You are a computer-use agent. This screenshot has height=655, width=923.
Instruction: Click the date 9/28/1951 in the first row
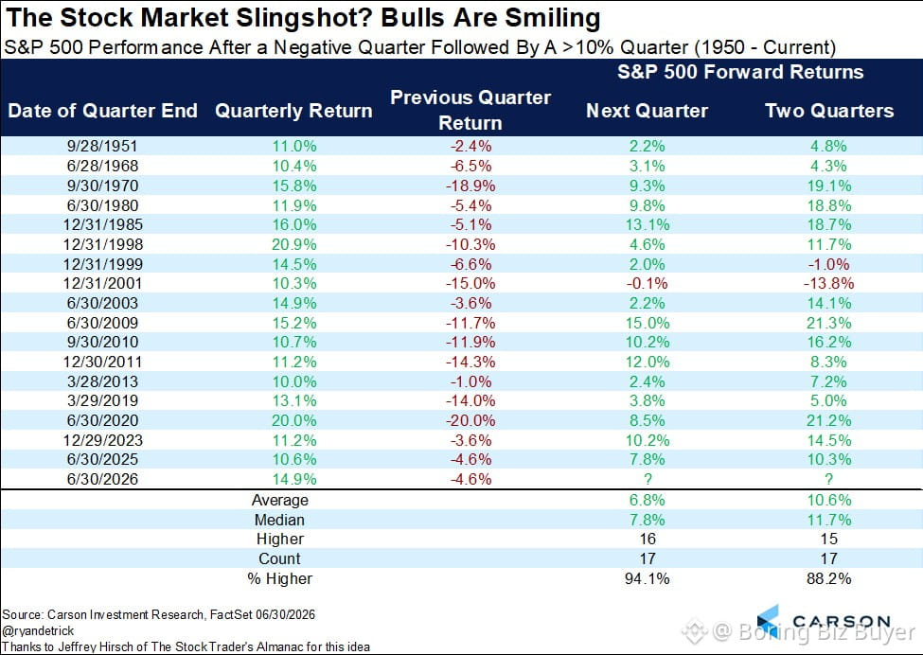102,146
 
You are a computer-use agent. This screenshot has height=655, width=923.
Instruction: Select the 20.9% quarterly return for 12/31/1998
293,244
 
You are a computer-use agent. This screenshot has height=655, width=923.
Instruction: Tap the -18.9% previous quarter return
470,186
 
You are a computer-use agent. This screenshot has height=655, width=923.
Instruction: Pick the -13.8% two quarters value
828,283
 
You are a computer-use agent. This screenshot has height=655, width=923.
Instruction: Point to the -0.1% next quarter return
647,283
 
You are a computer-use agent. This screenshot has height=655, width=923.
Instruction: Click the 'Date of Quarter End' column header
102,111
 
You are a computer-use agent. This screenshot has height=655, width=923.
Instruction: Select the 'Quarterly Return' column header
293,111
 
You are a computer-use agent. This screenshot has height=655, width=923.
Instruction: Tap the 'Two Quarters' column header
829,111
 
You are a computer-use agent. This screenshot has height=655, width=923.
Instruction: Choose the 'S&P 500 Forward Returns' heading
740,72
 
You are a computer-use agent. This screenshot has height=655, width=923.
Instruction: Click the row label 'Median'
279,520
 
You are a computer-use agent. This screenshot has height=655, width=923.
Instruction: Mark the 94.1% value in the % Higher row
647,578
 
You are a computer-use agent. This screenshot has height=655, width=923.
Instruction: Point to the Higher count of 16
647,539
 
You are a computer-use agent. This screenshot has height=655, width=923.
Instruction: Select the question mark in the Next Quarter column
647,479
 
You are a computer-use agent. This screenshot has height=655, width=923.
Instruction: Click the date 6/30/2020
102,420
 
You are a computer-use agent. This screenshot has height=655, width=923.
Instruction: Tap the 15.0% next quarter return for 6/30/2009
647,323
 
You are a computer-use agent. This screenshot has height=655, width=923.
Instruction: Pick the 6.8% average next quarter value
647,500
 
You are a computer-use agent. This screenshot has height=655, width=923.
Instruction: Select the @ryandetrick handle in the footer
38,631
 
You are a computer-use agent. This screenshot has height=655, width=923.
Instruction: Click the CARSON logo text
842,622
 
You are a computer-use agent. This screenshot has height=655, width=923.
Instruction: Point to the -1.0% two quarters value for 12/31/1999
828,264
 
